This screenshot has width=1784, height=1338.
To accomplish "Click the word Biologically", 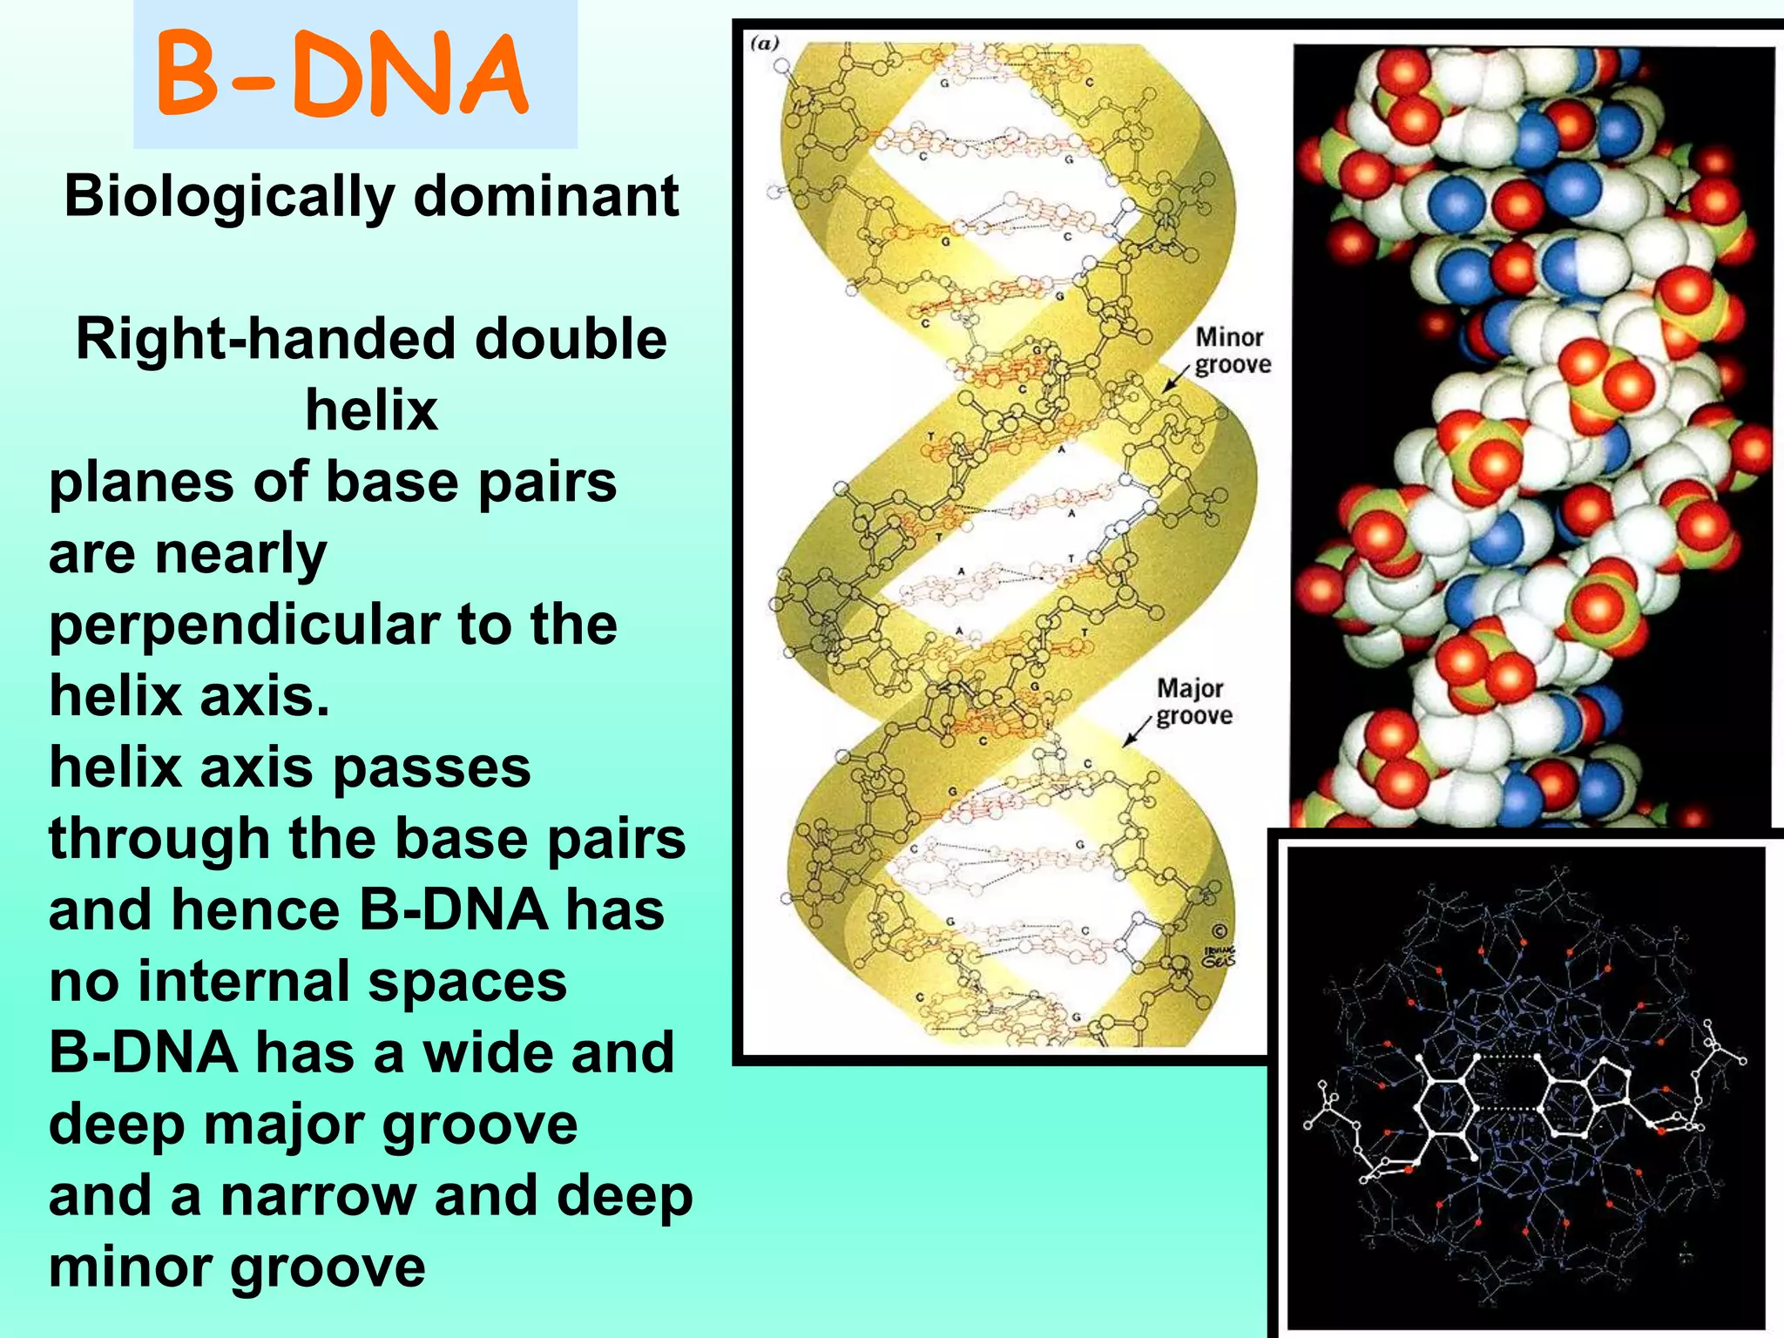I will pos(229,196).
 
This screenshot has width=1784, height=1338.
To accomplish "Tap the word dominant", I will pos(545,196).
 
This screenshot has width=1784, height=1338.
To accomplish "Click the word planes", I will pos(139,482).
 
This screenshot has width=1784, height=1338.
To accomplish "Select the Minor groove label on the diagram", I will pos(1232,350).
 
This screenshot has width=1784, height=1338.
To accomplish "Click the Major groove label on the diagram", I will pos(1193,702).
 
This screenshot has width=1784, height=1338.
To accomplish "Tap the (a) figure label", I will pos(764,44).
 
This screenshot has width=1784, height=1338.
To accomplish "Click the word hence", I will pos(255,910).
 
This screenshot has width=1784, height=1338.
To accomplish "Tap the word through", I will pos(159,839).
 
